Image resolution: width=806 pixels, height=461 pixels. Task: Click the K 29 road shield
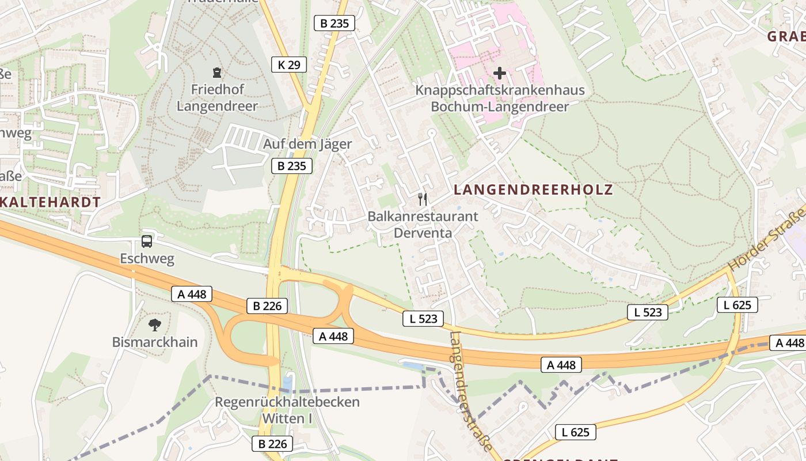(x=288, y=65)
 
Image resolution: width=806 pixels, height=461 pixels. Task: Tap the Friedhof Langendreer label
(x=217, y=98)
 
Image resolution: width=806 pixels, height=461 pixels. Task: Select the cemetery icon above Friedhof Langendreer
(x=216, y=73)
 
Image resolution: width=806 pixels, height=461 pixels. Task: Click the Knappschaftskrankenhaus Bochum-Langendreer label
(x=500, y=99)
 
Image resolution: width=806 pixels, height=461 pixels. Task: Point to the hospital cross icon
(x=500, y=73)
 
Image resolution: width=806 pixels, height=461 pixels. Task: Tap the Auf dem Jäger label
(x=307, y=144)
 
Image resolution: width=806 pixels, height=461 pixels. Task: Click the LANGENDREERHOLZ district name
(x=533, y=190)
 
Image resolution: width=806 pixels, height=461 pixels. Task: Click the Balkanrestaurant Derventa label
(x=423, y=225)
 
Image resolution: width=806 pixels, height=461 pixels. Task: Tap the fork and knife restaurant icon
(x=423, y=199)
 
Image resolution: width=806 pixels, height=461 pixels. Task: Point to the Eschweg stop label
(x=147, y=259)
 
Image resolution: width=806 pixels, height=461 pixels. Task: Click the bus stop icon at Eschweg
(x=147, y=241)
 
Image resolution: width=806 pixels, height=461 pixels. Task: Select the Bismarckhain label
(x=155, y=342)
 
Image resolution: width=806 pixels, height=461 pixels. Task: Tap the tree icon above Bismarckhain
(x=154, y=324)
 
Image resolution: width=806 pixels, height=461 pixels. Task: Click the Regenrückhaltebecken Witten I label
(x=287, y=410)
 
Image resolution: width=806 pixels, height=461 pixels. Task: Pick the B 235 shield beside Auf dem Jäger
(x=291, y=167)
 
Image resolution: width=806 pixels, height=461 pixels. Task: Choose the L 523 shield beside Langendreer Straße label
(x=424, y=318)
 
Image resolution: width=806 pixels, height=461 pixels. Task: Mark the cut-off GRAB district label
(x=786, y=36)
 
